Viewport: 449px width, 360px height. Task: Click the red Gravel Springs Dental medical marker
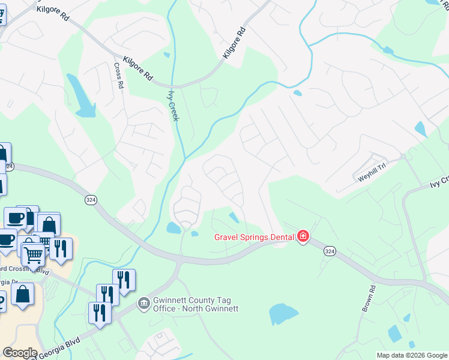point(303,236)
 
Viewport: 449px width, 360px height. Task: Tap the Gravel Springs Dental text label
point(255,236)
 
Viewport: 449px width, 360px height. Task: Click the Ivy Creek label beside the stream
point(173,106)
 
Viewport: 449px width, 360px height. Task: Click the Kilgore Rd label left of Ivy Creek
point(137,68)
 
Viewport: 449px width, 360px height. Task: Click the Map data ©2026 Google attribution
point(411,355)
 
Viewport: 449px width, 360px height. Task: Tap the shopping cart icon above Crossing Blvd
point(33,254)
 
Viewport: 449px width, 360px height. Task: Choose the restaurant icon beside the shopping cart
point(61,248)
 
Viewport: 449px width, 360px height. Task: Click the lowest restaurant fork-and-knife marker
point(99,313)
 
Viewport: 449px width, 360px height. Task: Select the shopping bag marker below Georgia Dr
point(23,294)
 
